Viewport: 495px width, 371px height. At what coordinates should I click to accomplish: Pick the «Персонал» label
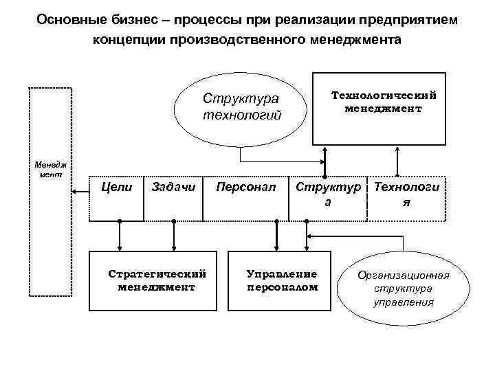(245, 186)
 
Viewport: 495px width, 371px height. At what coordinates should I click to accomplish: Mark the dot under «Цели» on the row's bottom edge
(120, 221)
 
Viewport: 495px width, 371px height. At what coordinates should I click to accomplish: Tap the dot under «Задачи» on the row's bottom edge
(174, 221)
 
